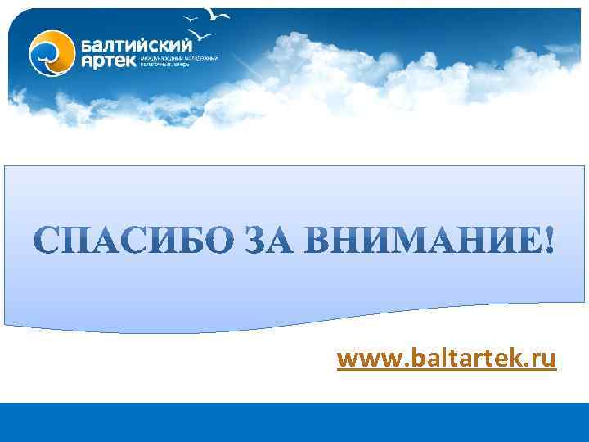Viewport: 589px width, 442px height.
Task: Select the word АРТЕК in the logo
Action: point(109,62)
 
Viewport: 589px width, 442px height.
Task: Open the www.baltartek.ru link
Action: point(446,359)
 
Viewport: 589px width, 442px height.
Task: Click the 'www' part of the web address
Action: point(365,359)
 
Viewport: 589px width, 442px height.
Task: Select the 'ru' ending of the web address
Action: point(543,359)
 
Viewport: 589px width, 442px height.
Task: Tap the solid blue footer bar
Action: point(294,422)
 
